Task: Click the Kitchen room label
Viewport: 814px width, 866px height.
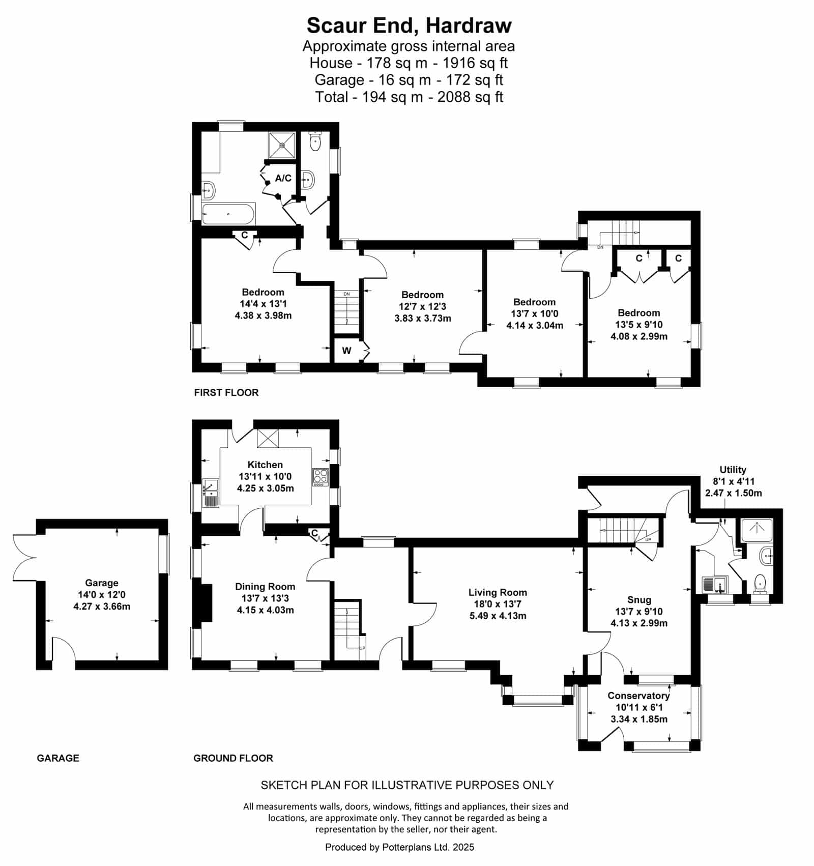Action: tap(265, 465)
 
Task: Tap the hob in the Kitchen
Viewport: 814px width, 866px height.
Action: tap(321, 477)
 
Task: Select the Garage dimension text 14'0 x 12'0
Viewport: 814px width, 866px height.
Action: tap(102, 595)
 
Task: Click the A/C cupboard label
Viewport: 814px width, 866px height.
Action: tap(283, 178)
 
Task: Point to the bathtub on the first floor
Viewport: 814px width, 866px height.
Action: tap(228, 214)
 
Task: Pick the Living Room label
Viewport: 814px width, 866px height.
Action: tap(498, 592)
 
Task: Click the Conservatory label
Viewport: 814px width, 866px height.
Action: tap(638, 696)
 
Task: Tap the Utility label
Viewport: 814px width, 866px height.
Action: tap(733, 470)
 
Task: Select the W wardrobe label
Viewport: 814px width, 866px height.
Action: tap(346, 351)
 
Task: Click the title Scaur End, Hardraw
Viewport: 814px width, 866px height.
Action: tap(409, 25)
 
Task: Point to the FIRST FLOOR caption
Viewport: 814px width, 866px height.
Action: tap(226, 392)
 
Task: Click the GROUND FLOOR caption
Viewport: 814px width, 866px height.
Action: tap(233, 758)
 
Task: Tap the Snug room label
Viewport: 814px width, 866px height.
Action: tap(639, 600)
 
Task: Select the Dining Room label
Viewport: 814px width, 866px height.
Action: tap(265, 587)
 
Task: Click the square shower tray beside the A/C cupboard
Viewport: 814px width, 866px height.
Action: tap(282, 145)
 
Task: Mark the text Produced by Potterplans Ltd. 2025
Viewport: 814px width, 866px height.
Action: tap(399, 847)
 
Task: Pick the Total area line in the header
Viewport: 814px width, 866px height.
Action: tap(409, 97)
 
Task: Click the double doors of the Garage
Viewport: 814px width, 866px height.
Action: tap(24, 558)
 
